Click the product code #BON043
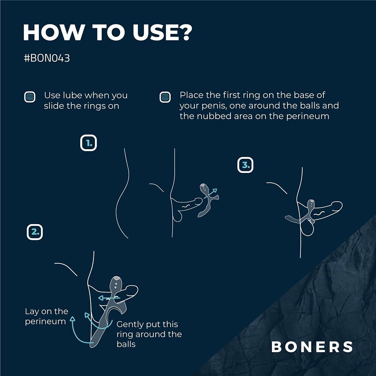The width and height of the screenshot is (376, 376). [x=47, y=58]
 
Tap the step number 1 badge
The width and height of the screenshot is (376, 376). [x=89, y=143]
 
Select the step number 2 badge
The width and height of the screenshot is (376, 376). [x=35, y=232]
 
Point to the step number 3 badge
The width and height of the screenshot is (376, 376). [x=245, y=165]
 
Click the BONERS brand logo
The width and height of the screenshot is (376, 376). [x=312, y=347]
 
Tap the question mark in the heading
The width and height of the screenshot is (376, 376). [x=183, y=32]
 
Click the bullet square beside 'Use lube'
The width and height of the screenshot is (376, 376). [x=30, y=97]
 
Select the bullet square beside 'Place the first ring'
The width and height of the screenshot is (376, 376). [x=165, y=97]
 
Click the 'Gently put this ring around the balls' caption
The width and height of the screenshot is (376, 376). [x=149, y=334]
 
